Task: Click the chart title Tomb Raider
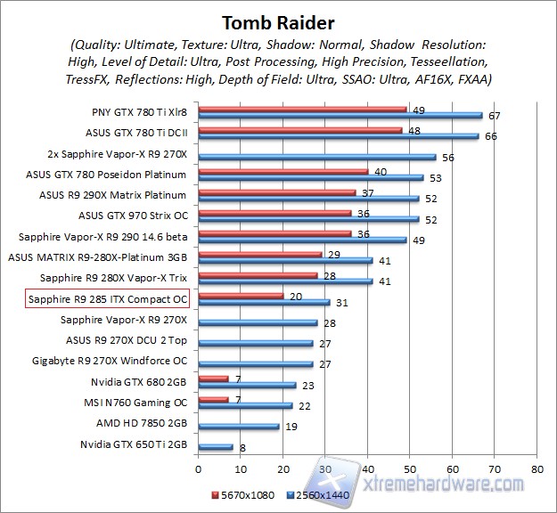pyautogui.click(x=279, y=20)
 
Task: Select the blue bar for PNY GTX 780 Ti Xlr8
pyautogui.click(x=340, y=115)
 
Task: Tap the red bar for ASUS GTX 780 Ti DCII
pyautogui.click(x=300, y=130)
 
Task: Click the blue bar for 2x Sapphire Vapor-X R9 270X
pyautogui.click(x=317, y=156)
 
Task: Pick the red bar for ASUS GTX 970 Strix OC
pyautogui.click(x=275, y=213)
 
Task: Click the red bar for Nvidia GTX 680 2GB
pyautogui.click(x=214, y=379)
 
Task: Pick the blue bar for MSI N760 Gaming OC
pyautogui.click(x=245, y=405)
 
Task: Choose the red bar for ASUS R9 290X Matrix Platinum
pyautogui.click(x=277, y=191)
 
